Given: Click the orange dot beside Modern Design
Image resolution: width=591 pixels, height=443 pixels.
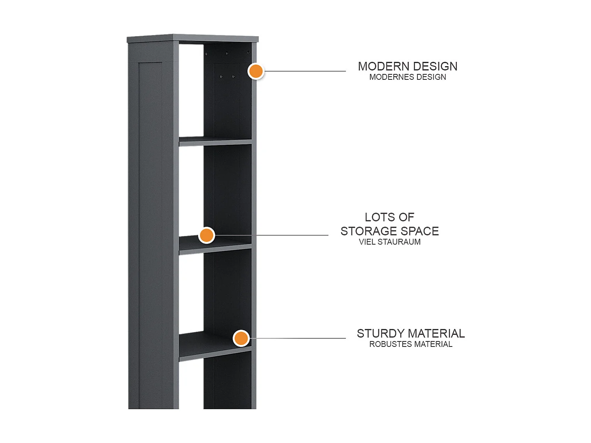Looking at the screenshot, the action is pyautogui.click(x=256, y=71).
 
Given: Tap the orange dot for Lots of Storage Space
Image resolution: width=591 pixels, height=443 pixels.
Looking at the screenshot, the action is pyautogui.click(x=206, y=235).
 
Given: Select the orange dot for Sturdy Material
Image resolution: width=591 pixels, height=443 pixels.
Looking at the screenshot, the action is pyautogui.click(x=241, y=338).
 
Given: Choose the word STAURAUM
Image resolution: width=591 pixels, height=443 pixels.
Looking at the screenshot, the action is pyautogui.click(x=399, y=242).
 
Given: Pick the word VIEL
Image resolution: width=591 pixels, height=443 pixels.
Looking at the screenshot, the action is pyautogui.click(x=367, y=242).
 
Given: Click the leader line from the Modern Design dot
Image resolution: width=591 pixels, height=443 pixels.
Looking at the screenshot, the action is pyautogui.click(x=305, y=71).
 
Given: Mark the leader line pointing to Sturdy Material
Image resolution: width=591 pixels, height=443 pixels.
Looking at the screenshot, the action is pyautogui.click(x=297, y=338).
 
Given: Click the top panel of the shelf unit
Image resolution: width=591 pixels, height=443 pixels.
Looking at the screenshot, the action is pyautogui.click(x=192, y=39).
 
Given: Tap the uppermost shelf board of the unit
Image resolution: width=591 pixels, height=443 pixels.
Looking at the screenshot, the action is pyautogui.click(x=215, y=141).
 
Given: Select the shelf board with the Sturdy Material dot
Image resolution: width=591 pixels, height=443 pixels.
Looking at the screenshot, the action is pyautogui.click(x=215, y=346).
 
